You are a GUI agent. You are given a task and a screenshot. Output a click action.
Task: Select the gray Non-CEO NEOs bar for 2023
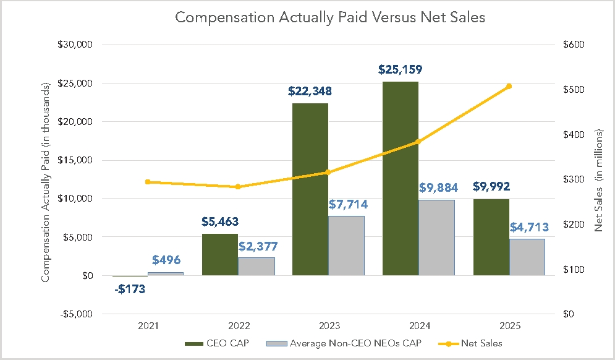point(347,246)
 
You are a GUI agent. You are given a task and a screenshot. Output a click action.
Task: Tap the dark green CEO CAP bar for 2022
point(220,254)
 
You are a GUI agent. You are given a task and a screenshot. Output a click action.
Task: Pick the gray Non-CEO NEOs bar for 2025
point(527,257)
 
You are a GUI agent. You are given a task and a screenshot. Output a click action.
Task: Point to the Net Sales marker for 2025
point(509,86)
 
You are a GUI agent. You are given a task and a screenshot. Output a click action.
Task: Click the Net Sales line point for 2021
point(148,182)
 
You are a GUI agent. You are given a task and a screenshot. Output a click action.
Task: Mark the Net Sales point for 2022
point(238,187)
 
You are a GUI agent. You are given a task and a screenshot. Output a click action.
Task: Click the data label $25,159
point(401,69)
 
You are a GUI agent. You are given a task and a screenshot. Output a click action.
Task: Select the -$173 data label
point(130,288)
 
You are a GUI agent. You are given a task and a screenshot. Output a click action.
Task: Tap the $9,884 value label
point(436,187)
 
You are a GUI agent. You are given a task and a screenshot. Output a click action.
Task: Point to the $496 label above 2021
point(166,260)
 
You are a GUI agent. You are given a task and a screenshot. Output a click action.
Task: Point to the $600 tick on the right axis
point(572,45)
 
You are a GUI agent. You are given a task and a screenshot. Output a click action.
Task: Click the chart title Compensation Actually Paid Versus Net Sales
point(330,17)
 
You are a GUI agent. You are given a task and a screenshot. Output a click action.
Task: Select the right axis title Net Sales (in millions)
point(598,181)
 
